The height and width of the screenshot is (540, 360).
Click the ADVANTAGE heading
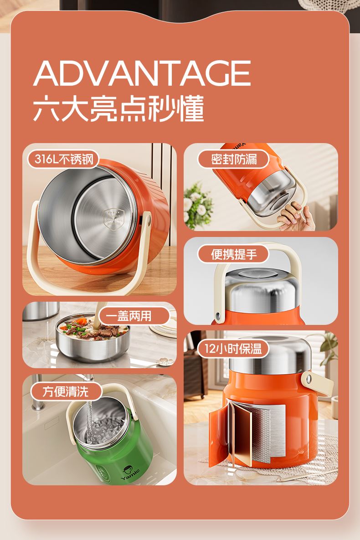pos(142,73)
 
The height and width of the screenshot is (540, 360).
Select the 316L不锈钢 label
pos(64,159)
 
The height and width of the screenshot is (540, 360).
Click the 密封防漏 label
pos(234,159)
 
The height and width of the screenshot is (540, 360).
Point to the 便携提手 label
pos(234,254)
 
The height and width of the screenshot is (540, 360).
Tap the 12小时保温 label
pos(234,349)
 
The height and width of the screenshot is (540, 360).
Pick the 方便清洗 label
pos(66,391)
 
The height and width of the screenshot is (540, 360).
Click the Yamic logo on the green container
pos(130,473)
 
